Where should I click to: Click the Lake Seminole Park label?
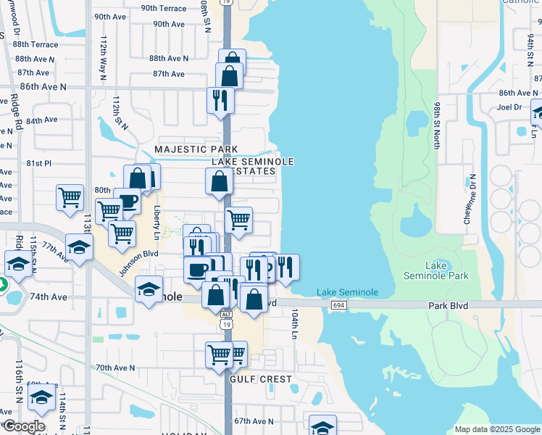click(436, 270)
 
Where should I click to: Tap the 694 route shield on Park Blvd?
click(338, 306)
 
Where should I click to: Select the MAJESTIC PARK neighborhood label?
click(196, 149)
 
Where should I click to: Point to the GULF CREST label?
click(261, 379)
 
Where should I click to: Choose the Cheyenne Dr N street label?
click(470, 199)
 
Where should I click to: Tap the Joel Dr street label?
click(509, 107)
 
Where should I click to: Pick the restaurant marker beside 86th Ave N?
click(220, 99)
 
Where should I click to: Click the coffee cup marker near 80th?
click(128, 201)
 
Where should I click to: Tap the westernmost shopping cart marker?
click(70, 196)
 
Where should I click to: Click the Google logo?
click(23, 426)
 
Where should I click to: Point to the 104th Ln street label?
click(295, 324)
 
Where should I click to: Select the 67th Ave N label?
click(254, 421)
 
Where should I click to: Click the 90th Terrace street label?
click(164, 8)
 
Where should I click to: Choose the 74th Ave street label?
click(49, 297)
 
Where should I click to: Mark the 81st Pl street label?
click(39, 164)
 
